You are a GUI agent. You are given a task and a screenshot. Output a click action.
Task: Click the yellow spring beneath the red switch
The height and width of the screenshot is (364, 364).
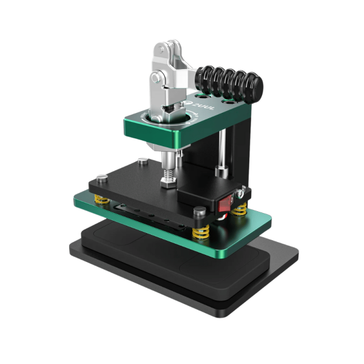tap(241, 211)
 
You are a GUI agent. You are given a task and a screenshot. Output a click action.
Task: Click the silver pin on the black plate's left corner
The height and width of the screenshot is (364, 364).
tap(98, 177)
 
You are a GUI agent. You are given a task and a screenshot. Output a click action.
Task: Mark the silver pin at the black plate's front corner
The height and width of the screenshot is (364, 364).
tap(199, 211)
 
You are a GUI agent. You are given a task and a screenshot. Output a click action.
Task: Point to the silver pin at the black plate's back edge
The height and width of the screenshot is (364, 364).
tap(141, 161)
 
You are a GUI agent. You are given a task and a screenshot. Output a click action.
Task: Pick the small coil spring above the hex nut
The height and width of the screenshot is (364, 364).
tap(169, 163)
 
